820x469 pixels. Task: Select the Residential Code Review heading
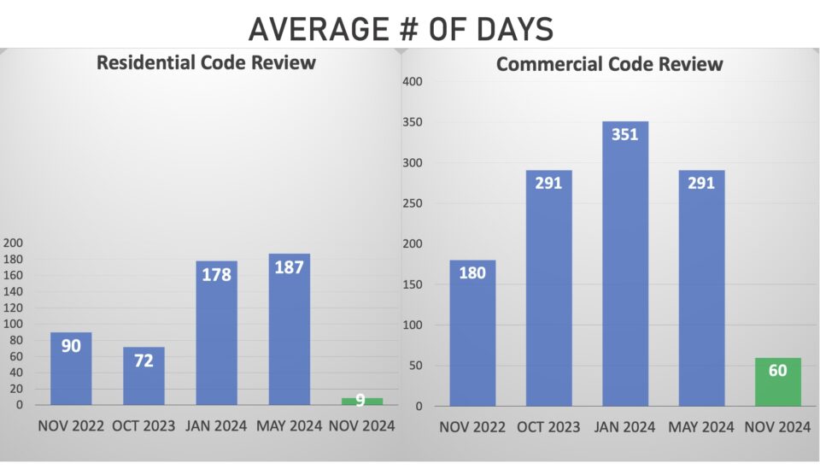pyautogui.click(x=206, y=62)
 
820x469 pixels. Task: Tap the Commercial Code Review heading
pyautogui.click(x=610, y=64)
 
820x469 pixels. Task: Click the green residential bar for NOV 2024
pyautogui.click(x=361, y=401)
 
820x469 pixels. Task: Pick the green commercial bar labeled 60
pyautogui.click(x=778, y=382)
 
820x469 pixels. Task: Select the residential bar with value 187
pyautogui.click(x=289, y=329)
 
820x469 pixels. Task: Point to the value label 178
pyautogui.click(x=216, y=276)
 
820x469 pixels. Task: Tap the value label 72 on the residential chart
pyautogui.click(x=143, y=361)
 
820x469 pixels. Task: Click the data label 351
pyautogui.click(x=625, y=134)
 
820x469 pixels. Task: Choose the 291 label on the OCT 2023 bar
pyautogui.click(x=548, y=183)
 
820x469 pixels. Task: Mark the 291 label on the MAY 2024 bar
pyautogui.click(x=701, y=183)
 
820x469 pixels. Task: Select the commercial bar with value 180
pyautogui.click(x=472, y=333)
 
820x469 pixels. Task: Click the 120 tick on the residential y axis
pyautogui.click(x=15, y=308)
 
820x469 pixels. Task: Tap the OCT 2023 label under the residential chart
pyautogui.click(x=143, y=425)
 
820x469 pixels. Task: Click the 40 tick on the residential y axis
pyautogui.click(x=17, y=372)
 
